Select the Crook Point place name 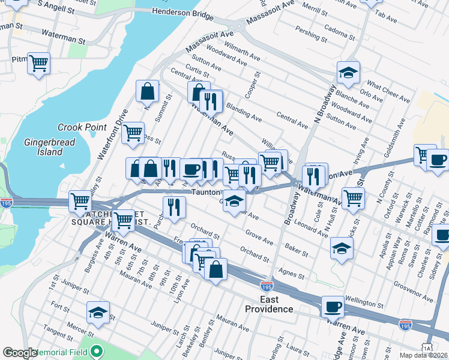coord(82,127)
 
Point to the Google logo coord(20,353)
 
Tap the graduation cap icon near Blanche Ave coord(348,72)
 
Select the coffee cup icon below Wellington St coord(333,306)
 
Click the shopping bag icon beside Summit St coord(147,91)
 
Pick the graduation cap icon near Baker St coord(342,248)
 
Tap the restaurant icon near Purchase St coord(174,208)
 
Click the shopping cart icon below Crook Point coord(133,133)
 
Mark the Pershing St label coord(312,35)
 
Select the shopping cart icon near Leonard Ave coord(353,197)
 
